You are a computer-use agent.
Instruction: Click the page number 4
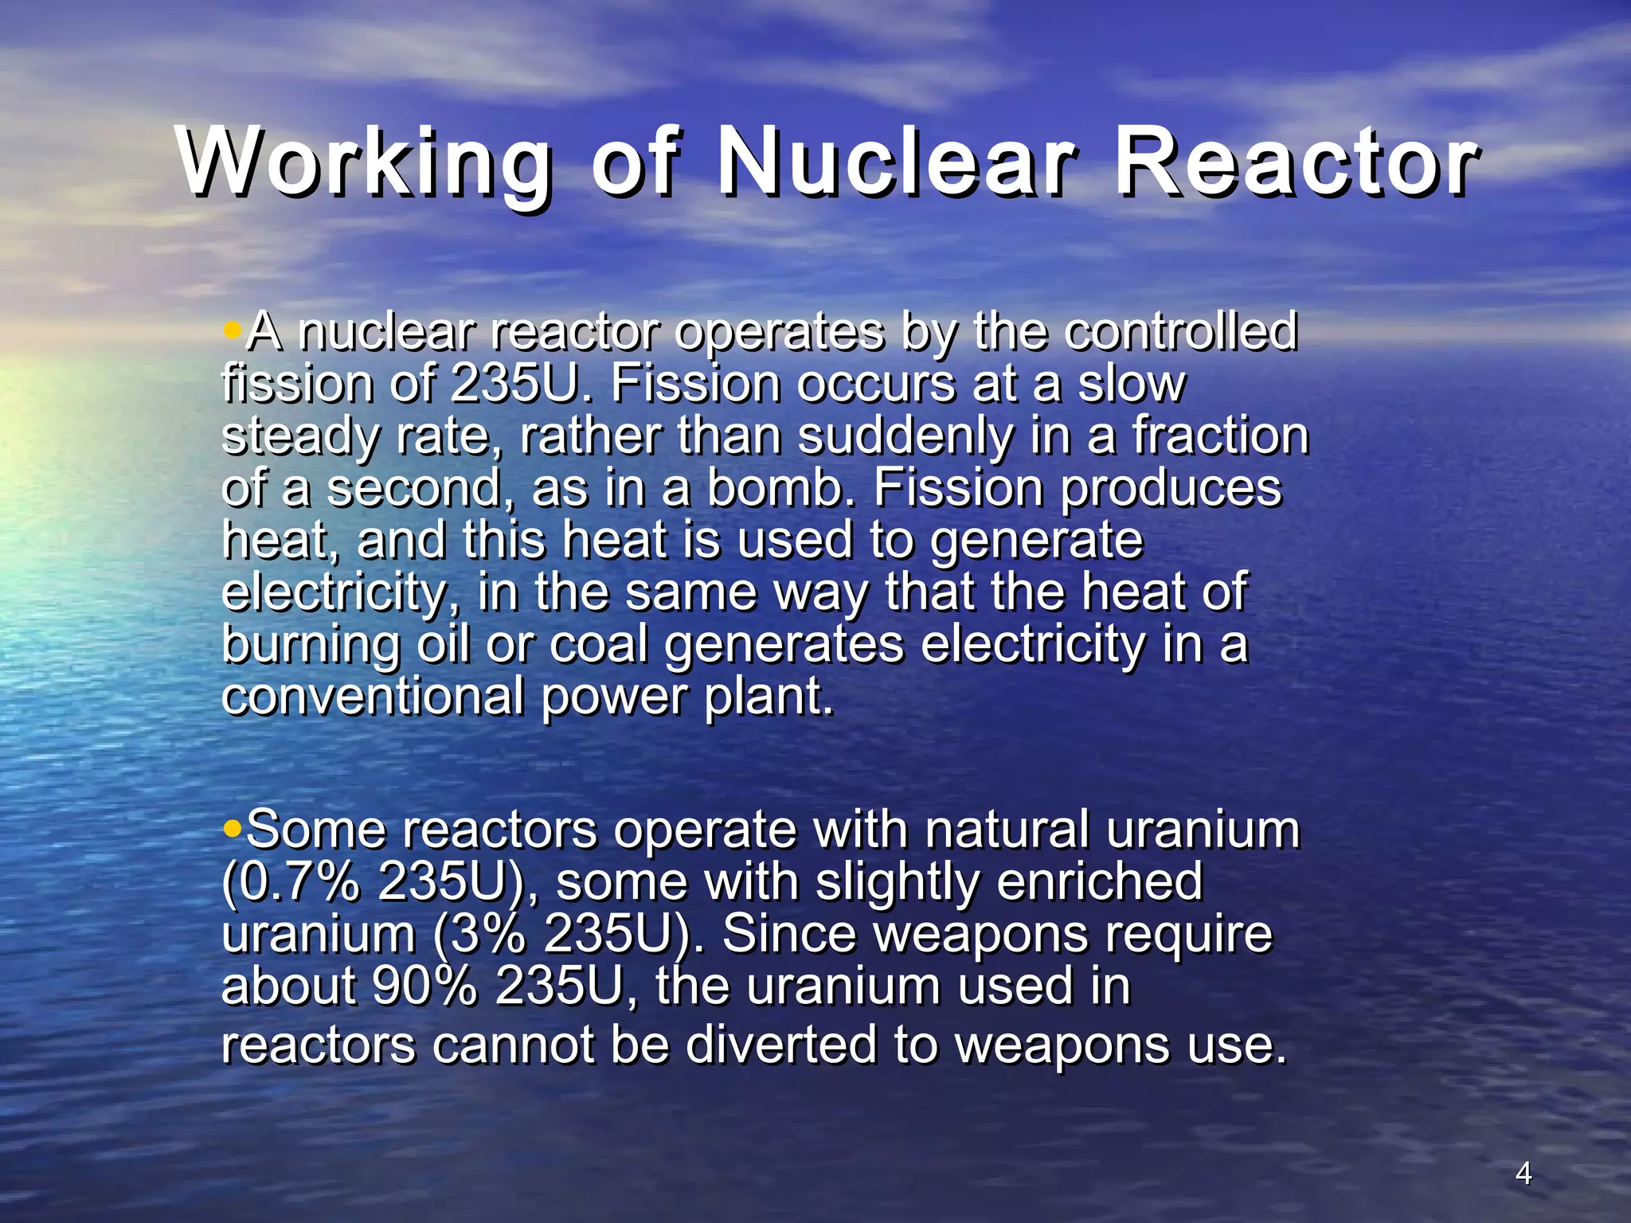tap(1523, 1173)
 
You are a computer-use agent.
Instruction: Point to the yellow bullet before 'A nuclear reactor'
tap(232, 330)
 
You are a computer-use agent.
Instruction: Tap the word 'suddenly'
tap(905, 436)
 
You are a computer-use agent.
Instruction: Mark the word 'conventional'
tap(373, 696)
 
